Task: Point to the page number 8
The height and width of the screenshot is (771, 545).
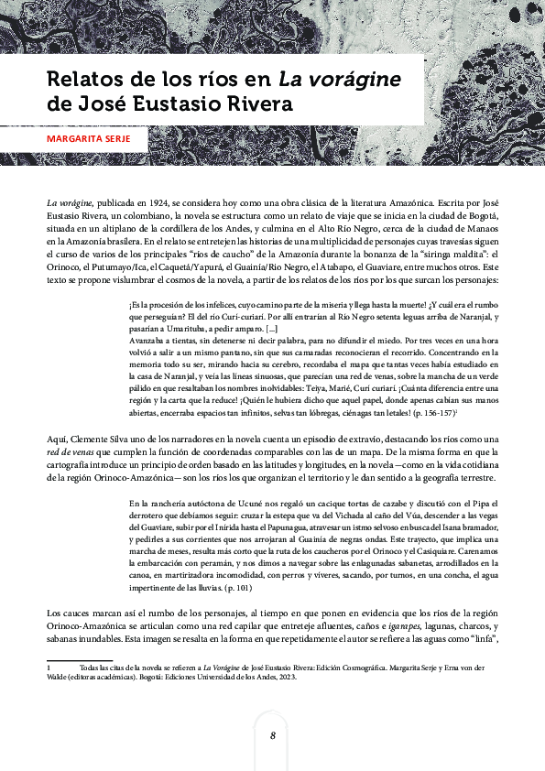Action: (x=272, y=735)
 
